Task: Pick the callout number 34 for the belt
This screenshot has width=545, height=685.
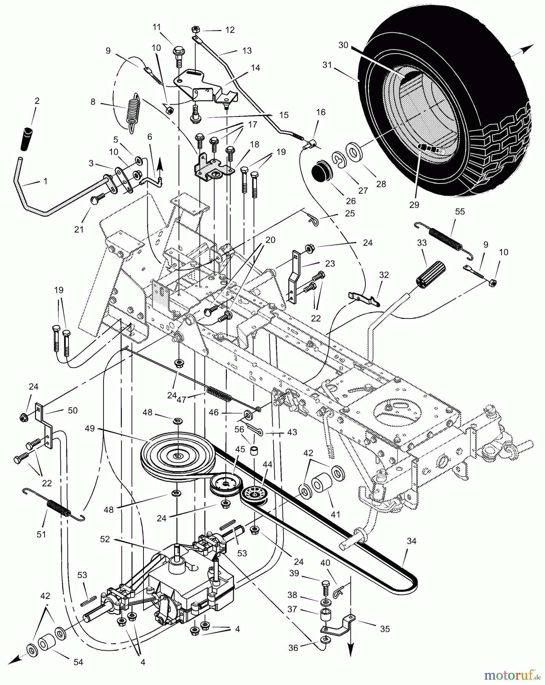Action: [x=411, y=541]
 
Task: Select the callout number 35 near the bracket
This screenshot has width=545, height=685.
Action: [x=385, y=629]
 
